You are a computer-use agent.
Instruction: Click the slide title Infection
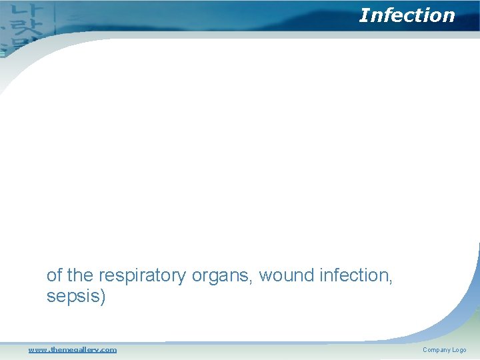[x=407, y=15]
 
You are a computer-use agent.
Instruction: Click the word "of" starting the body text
[x=54, y=275]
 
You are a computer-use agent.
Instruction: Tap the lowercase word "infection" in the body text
[x=355, y=275]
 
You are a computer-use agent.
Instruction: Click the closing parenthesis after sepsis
[x=103, y=297]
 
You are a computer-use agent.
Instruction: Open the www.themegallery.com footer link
[x=72, y=349]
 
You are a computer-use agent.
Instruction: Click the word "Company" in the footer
[x=436, y=350]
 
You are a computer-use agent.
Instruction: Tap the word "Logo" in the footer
[x=459, y=350]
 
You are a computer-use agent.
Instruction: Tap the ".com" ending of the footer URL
[x=108, y=349]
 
